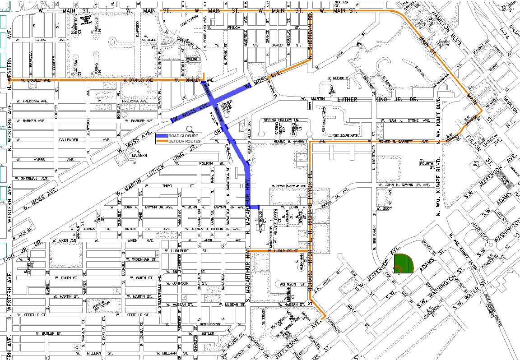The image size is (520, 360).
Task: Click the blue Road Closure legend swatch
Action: click(x=162, y=136)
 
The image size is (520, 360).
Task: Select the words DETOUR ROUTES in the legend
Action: click(x=185, y=141)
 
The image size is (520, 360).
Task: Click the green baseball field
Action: click(x=403, y=263)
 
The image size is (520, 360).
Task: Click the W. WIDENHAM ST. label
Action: click(x=141, y=259)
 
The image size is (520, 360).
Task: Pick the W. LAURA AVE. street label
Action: click(x=38, y=40)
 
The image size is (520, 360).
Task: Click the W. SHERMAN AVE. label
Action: click(x=32, y=179)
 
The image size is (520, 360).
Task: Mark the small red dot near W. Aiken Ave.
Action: click(x=51, y=258)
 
